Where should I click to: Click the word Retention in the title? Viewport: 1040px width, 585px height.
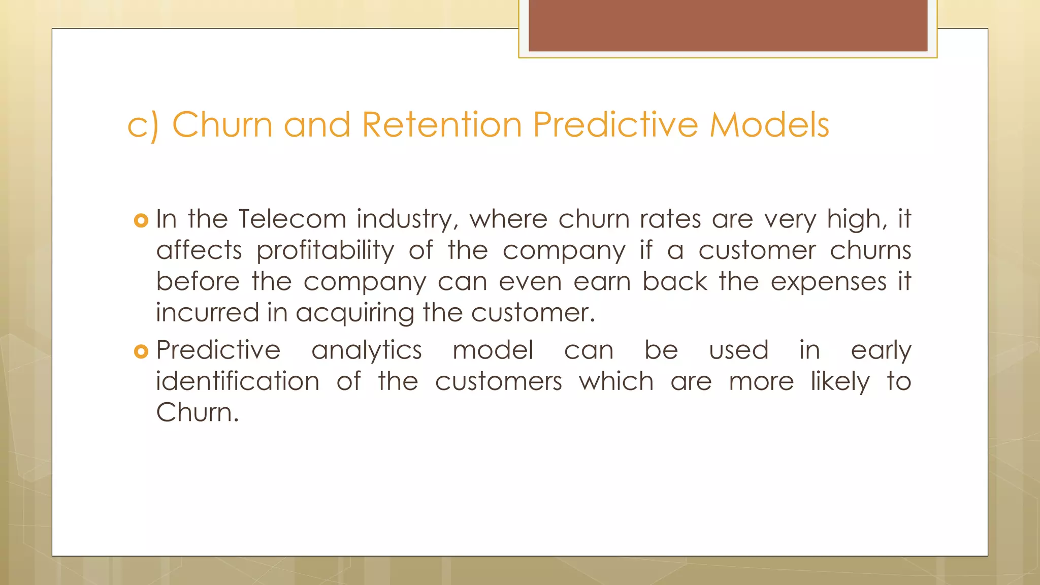(x=442, y=124)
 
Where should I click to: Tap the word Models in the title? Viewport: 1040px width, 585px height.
(x=769, y=124)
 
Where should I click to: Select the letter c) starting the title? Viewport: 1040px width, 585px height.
(x=143, y=125)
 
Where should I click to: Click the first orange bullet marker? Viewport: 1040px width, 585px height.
(x=141, y=220)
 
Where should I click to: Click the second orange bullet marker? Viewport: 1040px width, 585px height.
(x=141, y=351)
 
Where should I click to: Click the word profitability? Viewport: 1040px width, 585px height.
(x=325, y=251)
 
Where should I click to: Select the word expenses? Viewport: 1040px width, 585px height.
(x=829, y=282)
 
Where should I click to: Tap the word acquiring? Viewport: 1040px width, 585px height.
(x=355, y=313)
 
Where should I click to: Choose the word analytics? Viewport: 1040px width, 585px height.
(x=367, y=350)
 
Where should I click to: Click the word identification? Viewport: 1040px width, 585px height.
(x=238, y=381)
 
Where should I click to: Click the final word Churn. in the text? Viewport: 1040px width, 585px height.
(x=197, y=412)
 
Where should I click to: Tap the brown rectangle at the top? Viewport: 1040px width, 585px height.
(x=728, y=25)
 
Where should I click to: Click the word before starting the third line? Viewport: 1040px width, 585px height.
(x=198, y=282)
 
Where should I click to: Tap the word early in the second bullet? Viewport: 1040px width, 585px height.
(x=881, y=351)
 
